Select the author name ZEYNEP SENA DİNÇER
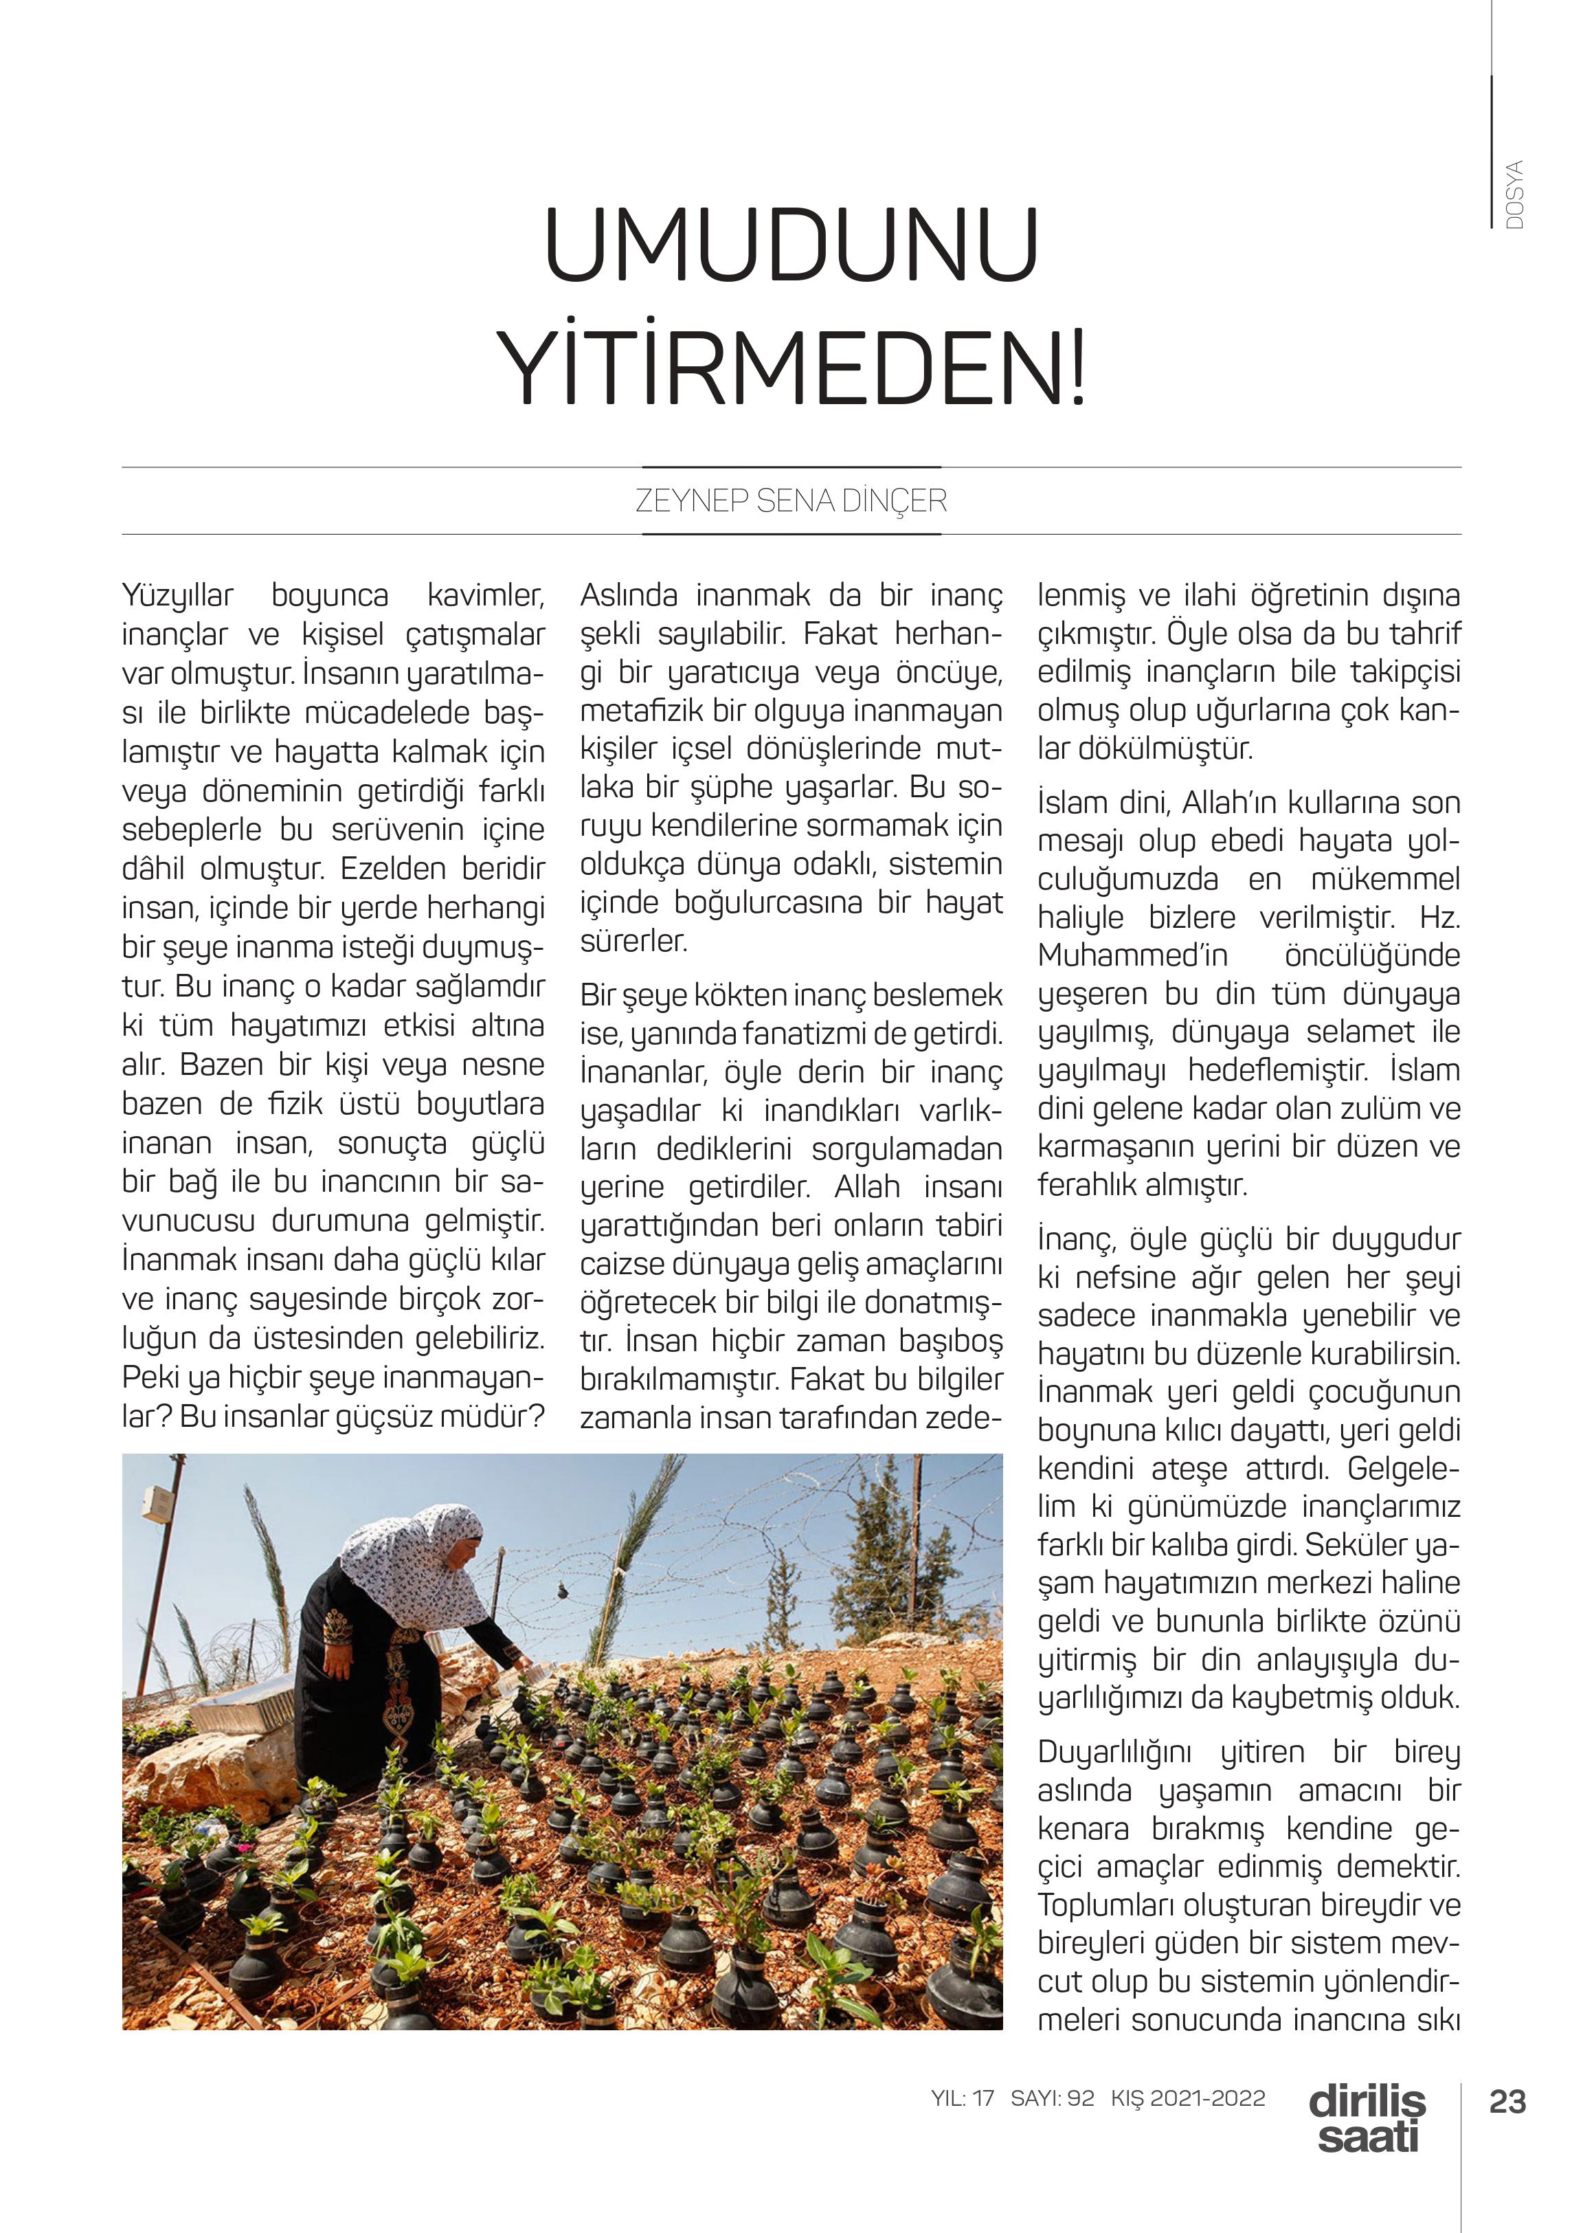791,501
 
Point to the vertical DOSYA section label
1514,195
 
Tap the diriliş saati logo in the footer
1367,2119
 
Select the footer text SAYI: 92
1052,2098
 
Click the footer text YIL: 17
962,2098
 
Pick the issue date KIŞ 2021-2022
1187,2098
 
